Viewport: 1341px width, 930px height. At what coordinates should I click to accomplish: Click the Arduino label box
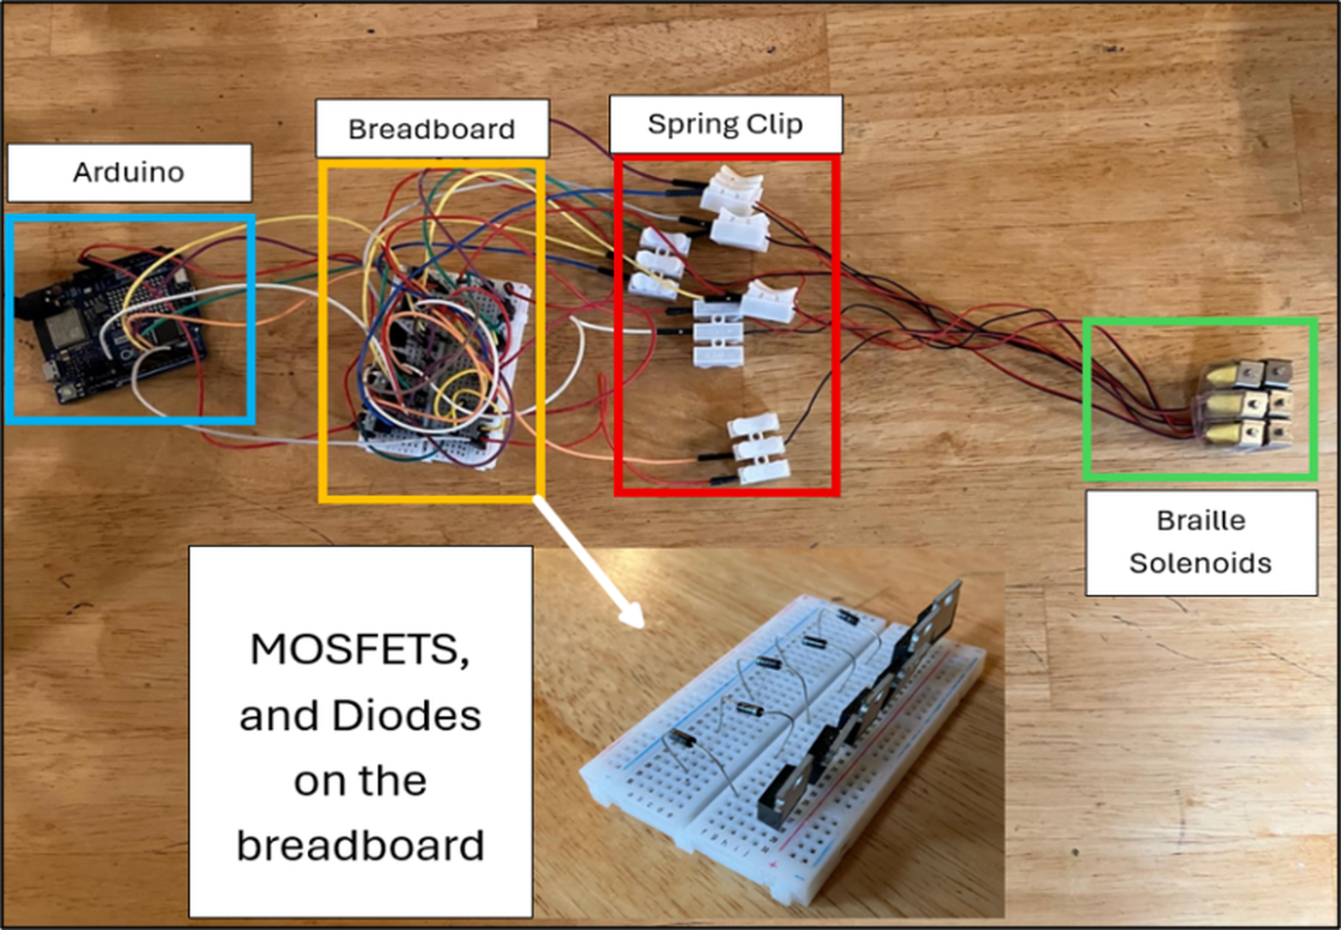[x=129, y=173]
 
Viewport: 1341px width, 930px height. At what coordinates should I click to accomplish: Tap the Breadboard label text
[x=432, y=129]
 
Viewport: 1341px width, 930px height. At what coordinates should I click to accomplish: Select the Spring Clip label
[x=725, y=125]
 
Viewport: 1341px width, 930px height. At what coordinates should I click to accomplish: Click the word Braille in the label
[x=1201, y=520]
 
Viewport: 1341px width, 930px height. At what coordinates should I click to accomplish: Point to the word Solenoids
[x=1201, y=563]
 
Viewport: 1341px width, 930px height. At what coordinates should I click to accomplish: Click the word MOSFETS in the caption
[x=359, y=650]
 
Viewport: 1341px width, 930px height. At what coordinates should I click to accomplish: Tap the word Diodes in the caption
[x=406, y=715]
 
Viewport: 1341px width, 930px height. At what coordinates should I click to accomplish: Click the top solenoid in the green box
[x=1245, y=374]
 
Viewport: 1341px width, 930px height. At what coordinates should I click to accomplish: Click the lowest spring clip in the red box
[x=758, y=448]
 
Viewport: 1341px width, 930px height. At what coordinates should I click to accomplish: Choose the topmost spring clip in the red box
[x=731, y=190]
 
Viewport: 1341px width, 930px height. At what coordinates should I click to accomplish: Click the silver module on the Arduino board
[x=63, y=328]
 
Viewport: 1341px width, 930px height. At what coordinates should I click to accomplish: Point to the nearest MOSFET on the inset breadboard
[x=785, y=790]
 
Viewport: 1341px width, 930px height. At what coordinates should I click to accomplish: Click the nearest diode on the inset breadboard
[x=682, y=739]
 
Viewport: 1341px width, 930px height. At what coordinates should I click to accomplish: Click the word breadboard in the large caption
[x=360, y=845]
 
